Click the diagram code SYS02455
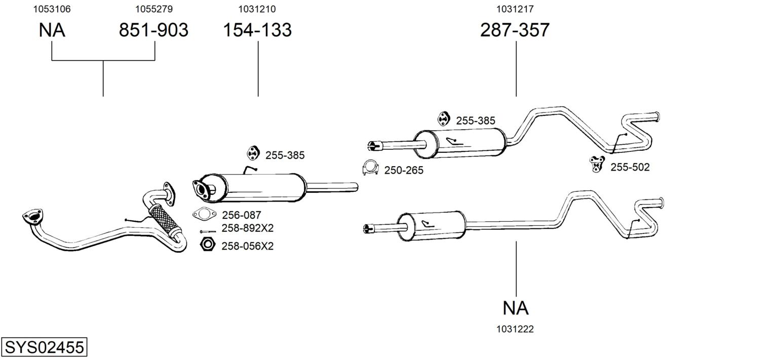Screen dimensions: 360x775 [44, 348]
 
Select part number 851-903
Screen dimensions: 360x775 [153, 30]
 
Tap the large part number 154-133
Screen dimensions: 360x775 [257, 30]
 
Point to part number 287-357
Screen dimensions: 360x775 [515, 30]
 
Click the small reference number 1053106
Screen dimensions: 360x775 [52, 9]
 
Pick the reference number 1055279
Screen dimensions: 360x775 [153, 9]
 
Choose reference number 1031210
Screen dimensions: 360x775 [257, 9]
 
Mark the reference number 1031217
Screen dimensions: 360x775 [515, 9]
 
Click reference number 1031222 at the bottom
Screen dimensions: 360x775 [515, 329]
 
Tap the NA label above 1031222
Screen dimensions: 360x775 [516, 308]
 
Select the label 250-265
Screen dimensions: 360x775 [404, 171]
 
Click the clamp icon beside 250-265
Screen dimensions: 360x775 [371, 168]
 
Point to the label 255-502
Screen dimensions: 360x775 [630, 167]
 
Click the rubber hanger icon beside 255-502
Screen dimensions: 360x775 [598, 164]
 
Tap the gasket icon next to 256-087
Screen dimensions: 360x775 [204, 214]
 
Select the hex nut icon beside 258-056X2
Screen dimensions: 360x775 [207, 245]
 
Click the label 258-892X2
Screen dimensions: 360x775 [247, 228]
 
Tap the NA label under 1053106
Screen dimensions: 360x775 [52, 30]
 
